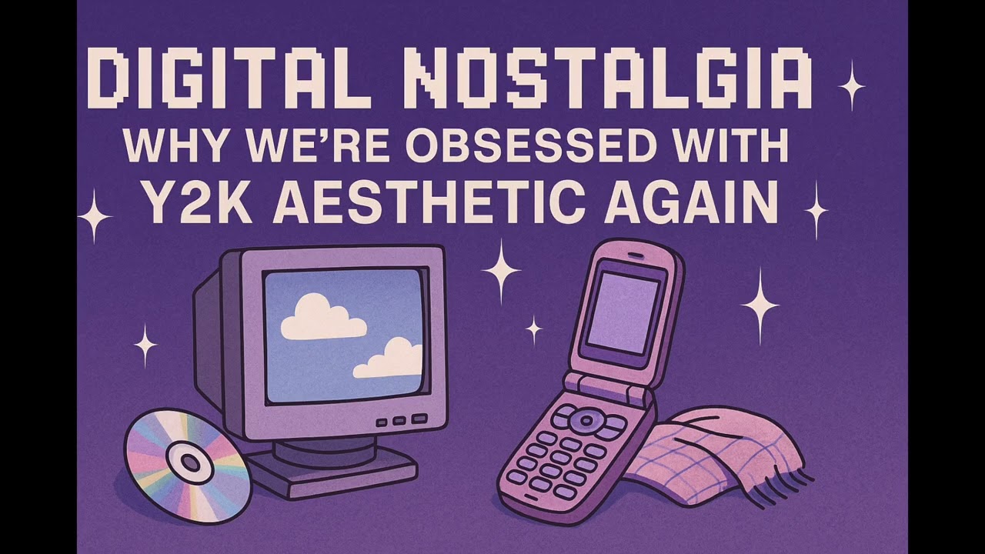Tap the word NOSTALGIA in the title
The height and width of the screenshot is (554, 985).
point(608,78)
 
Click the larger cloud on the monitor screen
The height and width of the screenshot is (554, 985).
point(322,318)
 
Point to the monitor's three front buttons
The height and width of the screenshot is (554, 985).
point(399,420)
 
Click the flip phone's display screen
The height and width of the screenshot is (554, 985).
point(622,312)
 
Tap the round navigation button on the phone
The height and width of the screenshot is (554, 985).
point(586,419)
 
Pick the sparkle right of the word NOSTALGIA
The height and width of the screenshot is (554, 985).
point(851,85)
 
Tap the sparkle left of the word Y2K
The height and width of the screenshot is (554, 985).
point(95,216)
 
